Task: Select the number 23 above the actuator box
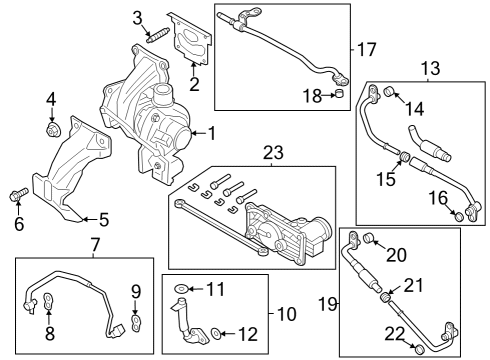coord(273,153)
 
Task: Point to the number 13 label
coord(430,68)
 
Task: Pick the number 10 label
coord(286,314)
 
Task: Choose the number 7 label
coord(95,244)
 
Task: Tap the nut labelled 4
coord(52,129)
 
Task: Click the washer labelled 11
coord(180,289)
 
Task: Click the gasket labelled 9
coord(139,321)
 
